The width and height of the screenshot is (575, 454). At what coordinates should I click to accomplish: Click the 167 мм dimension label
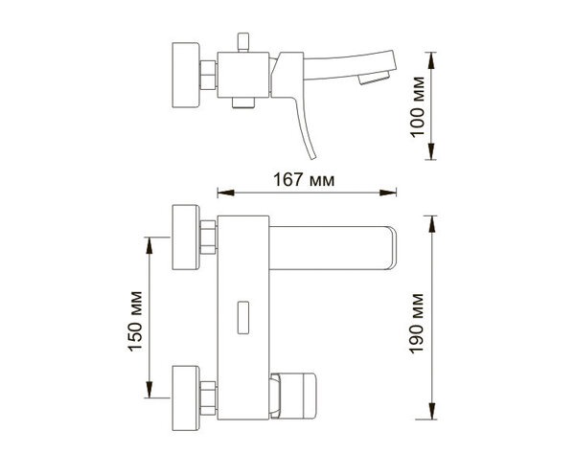coord(304,180)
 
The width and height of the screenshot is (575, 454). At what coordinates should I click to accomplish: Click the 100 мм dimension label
coord(417,107)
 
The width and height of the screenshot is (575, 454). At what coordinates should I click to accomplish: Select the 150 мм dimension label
coord(134,322)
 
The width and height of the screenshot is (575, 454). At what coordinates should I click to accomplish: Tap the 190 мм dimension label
coord(416,324)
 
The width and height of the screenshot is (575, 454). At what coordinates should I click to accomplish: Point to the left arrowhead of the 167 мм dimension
coord(226,193)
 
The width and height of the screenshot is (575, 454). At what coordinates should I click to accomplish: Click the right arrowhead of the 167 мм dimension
coord(388,193)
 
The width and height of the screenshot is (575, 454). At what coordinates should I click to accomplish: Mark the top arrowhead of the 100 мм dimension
coord(431,60)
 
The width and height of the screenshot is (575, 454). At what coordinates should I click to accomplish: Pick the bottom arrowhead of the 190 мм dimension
coord(432,411)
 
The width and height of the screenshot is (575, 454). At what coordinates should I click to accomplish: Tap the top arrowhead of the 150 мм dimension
coord(149,245)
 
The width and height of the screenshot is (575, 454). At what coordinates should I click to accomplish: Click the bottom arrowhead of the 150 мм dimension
coord(149,390)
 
